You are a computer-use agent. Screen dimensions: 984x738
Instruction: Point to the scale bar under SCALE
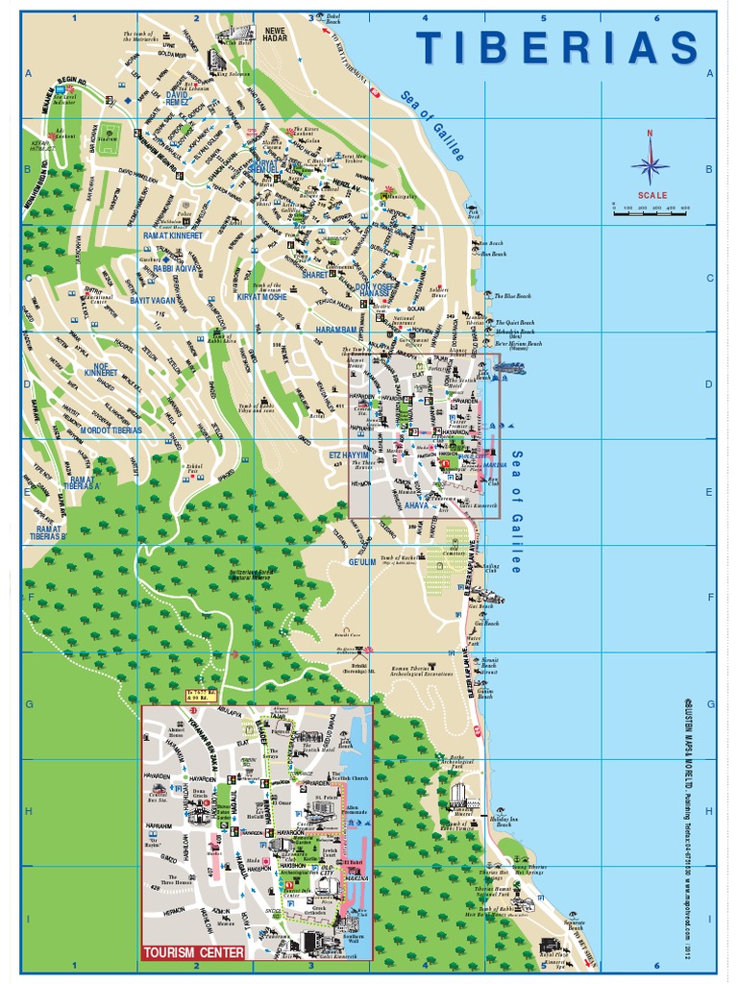pyautogui.click(x=651, y=211)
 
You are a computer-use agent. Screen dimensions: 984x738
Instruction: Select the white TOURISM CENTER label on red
pyautogui.click(x=193, y=953)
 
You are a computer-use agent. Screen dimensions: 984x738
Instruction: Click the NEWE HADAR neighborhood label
pyautogui.click(x=276, y=36)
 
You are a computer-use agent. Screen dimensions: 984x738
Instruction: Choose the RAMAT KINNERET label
pyautogui.click(x=173, y=235)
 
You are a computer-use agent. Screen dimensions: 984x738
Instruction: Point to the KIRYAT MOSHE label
pyautogui.click(x=263, y=299)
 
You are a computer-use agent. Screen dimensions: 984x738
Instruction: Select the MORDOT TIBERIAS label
pyautogui.click(x=111, y=430)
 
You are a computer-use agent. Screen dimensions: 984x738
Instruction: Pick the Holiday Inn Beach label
pyautogui.click(x=503, y=822)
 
